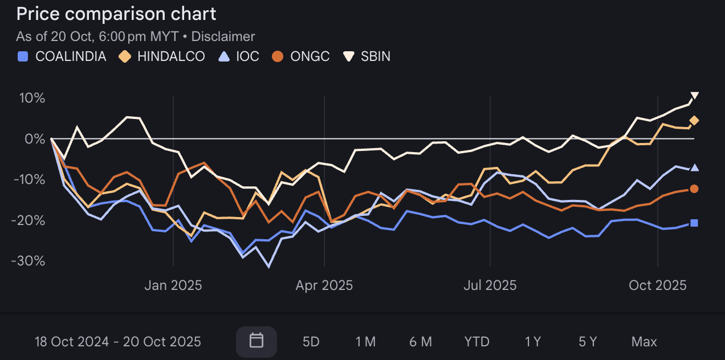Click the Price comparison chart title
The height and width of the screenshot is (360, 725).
coord(116,14)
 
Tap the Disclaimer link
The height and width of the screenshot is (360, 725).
coord(223,36)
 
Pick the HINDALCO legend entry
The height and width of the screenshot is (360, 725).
coord(162,56)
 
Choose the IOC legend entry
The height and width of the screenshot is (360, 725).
coord(239,56)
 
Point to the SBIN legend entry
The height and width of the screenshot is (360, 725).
coord(367,56)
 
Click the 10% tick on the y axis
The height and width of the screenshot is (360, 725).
coord(33,98)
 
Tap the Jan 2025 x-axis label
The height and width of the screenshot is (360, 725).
coord(173,285)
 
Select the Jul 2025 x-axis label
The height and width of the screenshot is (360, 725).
coord(490,285)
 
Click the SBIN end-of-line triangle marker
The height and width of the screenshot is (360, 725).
coord(694,96)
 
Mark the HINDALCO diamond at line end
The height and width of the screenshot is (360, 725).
coord(694,120)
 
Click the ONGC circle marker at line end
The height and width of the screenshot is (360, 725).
coord(694,189)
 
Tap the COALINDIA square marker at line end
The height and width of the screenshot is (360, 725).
coord(694,223)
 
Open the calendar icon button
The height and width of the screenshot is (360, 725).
coord(256,341)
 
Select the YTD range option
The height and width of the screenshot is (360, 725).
coord(476,342)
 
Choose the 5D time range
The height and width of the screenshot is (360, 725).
coord(311,342)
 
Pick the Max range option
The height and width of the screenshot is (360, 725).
coord(644,342)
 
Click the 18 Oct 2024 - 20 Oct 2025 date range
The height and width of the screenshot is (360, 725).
coord(118,342)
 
